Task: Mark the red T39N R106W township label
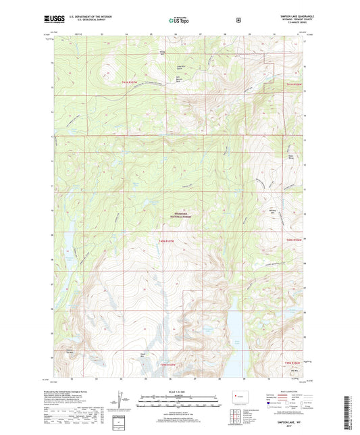292,364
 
